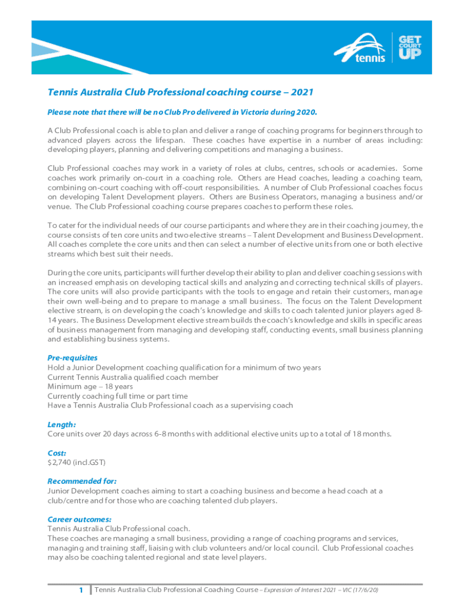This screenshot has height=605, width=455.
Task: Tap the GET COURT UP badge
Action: (409, 47)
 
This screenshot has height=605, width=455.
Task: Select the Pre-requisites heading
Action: (72, 357)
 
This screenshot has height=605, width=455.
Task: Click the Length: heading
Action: (61, 424)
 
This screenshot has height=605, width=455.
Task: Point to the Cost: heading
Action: (57, 453)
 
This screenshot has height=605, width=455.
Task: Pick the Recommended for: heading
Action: (82, 481)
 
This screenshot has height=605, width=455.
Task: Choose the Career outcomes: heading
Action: (79, 519)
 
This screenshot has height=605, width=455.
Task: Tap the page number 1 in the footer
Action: (80, 590)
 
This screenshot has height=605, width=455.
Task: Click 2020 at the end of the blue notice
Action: (307, 112)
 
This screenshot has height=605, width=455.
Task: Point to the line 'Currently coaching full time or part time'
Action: (118, 396)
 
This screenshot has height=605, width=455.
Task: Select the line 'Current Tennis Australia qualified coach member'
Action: (133, 377)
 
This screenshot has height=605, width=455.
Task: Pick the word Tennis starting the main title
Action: (61, 92)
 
